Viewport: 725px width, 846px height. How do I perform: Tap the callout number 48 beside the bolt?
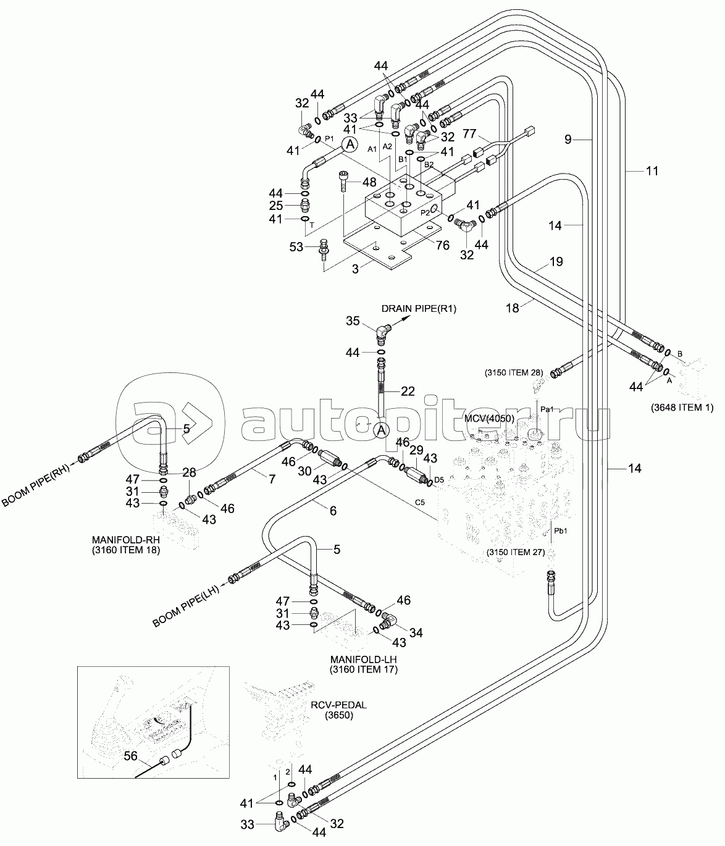point(369,182)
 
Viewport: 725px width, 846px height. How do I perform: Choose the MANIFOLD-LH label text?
point(363,659)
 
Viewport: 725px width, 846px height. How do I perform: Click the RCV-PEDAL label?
point(334,705)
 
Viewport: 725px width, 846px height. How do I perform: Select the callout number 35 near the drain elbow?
point(353,320)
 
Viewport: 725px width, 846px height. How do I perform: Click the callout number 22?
point(408,390)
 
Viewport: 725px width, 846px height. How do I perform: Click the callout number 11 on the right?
point(652,172)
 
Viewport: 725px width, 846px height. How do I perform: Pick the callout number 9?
point(568,140)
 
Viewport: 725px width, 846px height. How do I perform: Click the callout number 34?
point(416,632)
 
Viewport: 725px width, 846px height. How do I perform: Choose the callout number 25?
point(275,205)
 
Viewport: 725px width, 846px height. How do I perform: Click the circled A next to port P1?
point(350,144)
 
